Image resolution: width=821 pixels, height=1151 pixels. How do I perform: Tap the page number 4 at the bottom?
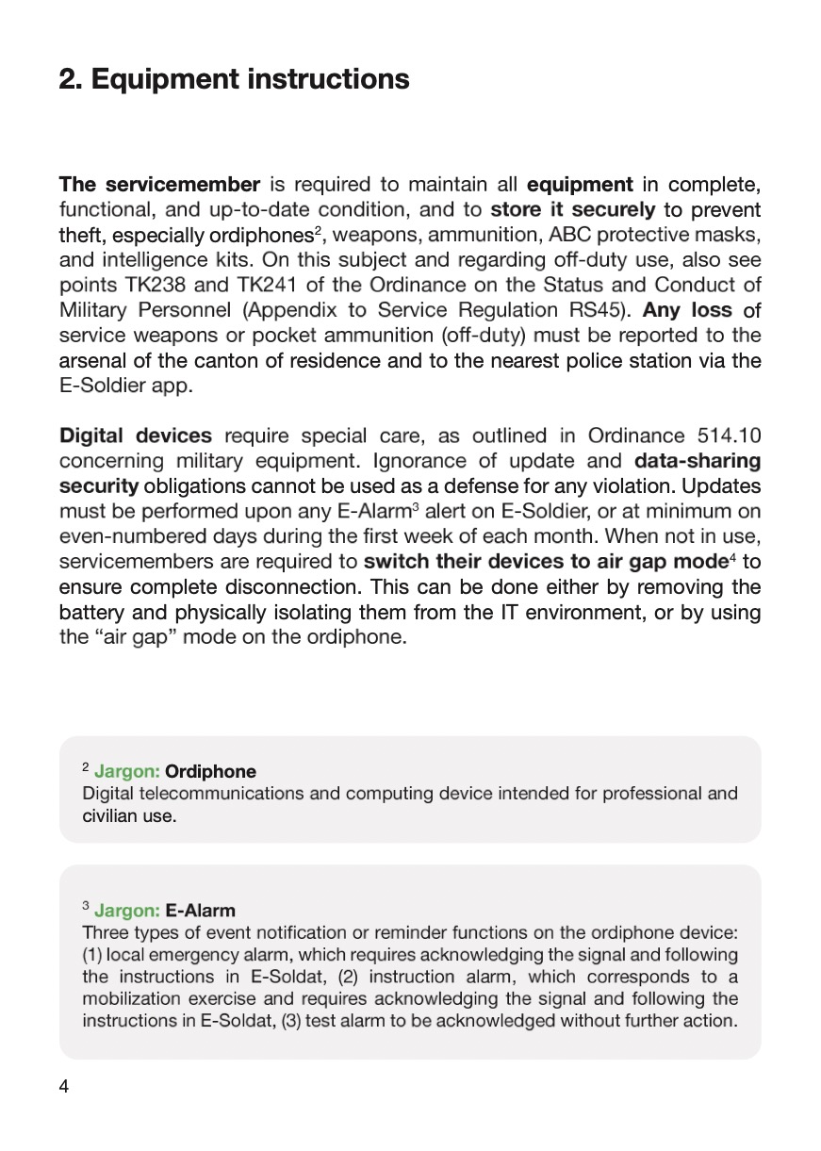64,1086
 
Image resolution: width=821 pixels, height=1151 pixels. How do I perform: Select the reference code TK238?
156,284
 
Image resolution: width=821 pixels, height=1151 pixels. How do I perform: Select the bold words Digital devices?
136,436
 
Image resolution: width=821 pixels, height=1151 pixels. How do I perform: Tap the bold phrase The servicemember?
159,183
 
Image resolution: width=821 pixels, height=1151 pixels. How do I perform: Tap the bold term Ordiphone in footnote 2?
210,772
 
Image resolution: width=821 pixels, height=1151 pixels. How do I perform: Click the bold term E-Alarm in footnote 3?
200,911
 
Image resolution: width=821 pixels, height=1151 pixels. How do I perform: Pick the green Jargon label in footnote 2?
126,772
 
